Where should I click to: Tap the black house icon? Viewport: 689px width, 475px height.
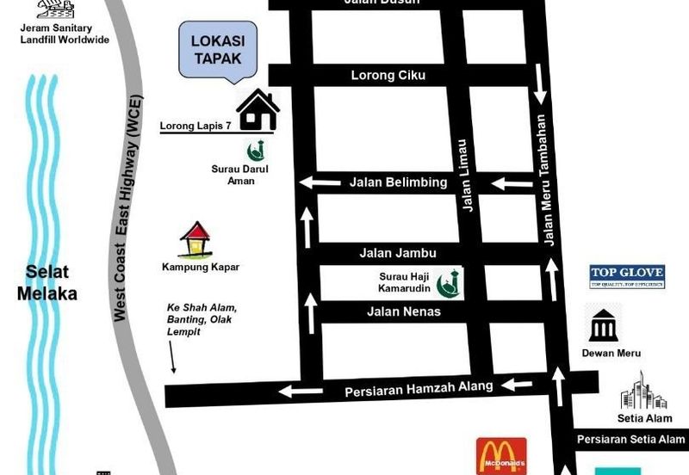tap(258, 110)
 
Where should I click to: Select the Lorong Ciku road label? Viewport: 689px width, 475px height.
tap(388, 76)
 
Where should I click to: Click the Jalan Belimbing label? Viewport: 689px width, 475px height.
tap(398, 182)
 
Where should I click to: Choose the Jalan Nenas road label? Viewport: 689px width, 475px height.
tap(404, 312)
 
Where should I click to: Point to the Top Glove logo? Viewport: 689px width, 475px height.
tap(626, 276)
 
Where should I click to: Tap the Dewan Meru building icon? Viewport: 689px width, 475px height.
tap(603, 324)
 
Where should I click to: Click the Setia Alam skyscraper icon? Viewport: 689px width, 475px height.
tap(643, 392)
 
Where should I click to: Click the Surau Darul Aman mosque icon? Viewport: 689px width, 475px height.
tap(254, 150)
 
